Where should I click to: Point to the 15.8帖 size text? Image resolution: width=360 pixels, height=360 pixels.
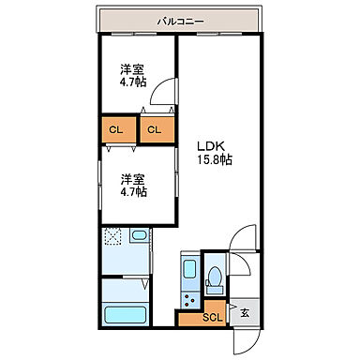click(x=214, y=159)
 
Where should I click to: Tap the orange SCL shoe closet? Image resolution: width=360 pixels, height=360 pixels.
click(x=214, y=316)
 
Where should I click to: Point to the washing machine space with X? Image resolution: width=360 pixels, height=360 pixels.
click(x=113, y=238)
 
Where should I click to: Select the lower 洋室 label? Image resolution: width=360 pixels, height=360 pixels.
click(x=130, y=178)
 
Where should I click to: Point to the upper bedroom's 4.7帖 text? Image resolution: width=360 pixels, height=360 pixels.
click(x=132, y=83)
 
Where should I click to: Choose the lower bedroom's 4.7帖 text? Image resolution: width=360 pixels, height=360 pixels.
click(x=132, y=191)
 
